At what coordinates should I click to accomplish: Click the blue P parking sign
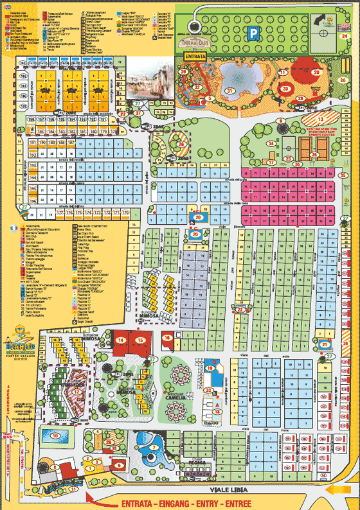pyautogui.click(x=256, y=32)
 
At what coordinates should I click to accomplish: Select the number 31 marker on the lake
pyautogui.click(x=230, y=91)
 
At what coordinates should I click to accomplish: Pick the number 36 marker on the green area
pyautogui.click(x=343, y=80)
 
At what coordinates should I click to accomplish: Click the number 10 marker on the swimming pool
pyautogui.click(x=55, y=436)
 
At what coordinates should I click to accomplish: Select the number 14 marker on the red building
pyautogui.click(x=121, y=340)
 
